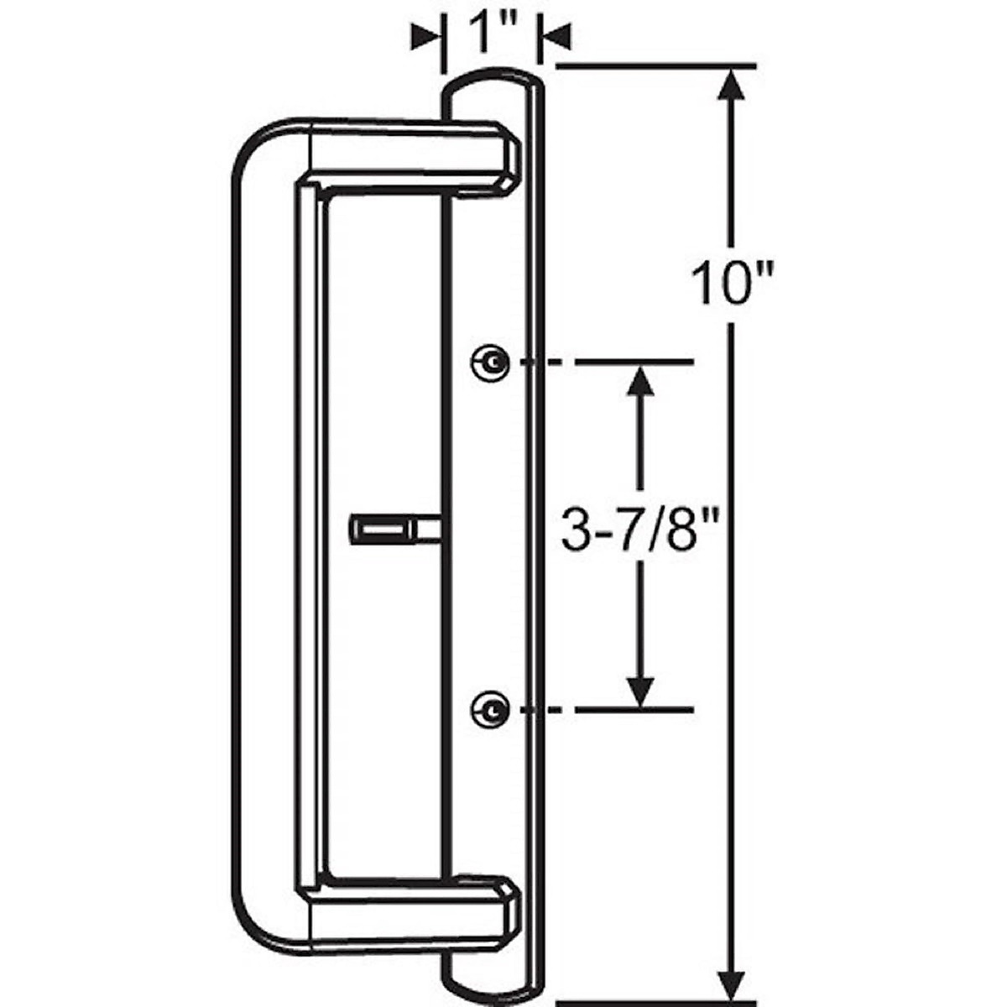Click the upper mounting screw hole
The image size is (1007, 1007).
[x=489, y=362]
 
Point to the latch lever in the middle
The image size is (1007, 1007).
[x=386, y=530]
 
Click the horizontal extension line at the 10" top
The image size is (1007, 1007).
[x=655, y=65]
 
